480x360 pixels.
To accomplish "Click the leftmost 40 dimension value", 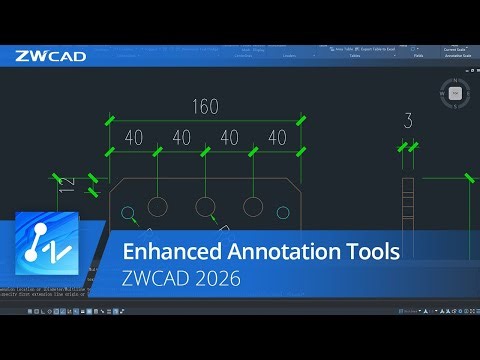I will click(133, 137).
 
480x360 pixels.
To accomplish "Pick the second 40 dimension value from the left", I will click(181, 137).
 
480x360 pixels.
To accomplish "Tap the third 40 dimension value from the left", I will click(228, 137).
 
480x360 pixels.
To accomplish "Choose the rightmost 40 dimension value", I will click(276, 137).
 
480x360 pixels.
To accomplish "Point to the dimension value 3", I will click(407, 122).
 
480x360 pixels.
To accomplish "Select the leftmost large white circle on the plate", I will click(158, 207).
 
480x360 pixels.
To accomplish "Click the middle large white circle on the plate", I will click(206, 207).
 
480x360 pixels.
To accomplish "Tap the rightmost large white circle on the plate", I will click(254, 207).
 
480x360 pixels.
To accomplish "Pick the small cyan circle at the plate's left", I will click(127, 212).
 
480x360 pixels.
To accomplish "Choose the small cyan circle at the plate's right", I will click(284, 212).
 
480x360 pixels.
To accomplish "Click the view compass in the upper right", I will click(455, 94).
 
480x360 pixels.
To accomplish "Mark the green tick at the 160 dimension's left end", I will click(110, 122).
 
